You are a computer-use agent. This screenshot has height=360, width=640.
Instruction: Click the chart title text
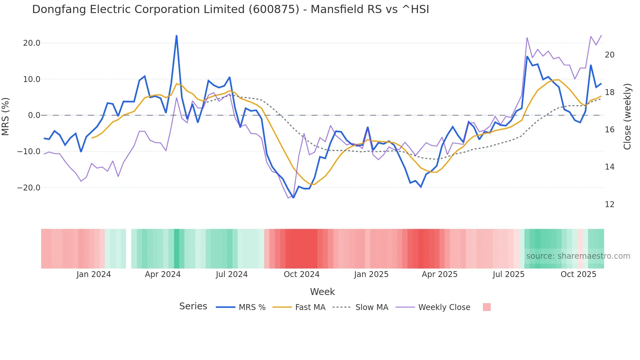pyautogui.click(x=231, y=9)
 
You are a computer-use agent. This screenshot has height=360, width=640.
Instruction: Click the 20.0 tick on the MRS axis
pyautogui.click(x=32, y=43)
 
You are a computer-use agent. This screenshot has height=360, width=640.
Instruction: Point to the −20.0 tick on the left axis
pyautogui.click(x=29, y=188)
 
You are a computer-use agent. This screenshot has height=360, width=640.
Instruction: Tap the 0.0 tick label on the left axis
pyautogui.click(x=34, y=115)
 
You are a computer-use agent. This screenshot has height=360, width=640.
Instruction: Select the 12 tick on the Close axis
pyautogui.click(x=610, y=205)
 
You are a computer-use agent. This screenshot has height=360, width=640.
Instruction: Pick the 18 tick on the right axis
pyautogui.click(x=610, y=92)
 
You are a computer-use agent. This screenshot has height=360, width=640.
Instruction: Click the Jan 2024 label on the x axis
pyautogui.click(x=94, y=274)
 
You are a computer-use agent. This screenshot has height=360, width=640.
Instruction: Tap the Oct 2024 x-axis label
pyautogui.click(x=301, y=274)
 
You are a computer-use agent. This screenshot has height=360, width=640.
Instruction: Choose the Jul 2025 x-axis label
pyautogui.click(x=508, y=274)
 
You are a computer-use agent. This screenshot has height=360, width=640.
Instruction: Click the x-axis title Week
pyautogui.click(x=322, y=292)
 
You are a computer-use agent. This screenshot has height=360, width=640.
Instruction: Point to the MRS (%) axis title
pyautogui.click(x=6, y=116)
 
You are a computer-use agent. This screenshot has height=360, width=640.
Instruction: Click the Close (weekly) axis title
pyautogui.click(x=627, y=117)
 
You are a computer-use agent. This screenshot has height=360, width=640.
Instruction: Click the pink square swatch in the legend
pyautogui.click(x=487, y=307)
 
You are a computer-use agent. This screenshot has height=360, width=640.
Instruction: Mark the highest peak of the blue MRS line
pyautogui.click(x=177, y=36)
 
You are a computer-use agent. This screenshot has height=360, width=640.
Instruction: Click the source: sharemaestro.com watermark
pyautogui.click(x=578, y=256)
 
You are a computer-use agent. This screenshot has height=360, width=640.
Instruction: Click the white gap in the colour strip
pyautogui.click(x=129, y=249)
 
